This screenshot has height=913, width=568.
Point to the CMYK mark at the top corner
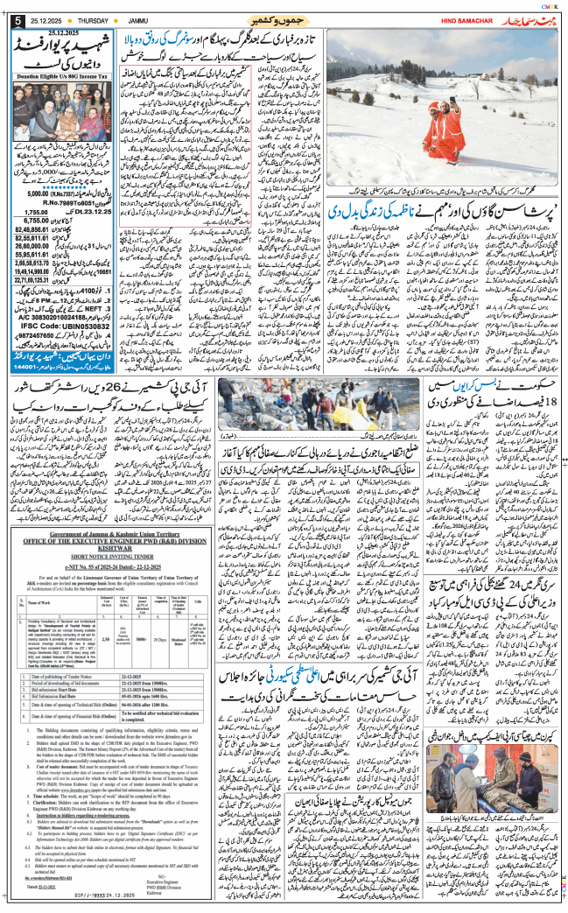point(550,5)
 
